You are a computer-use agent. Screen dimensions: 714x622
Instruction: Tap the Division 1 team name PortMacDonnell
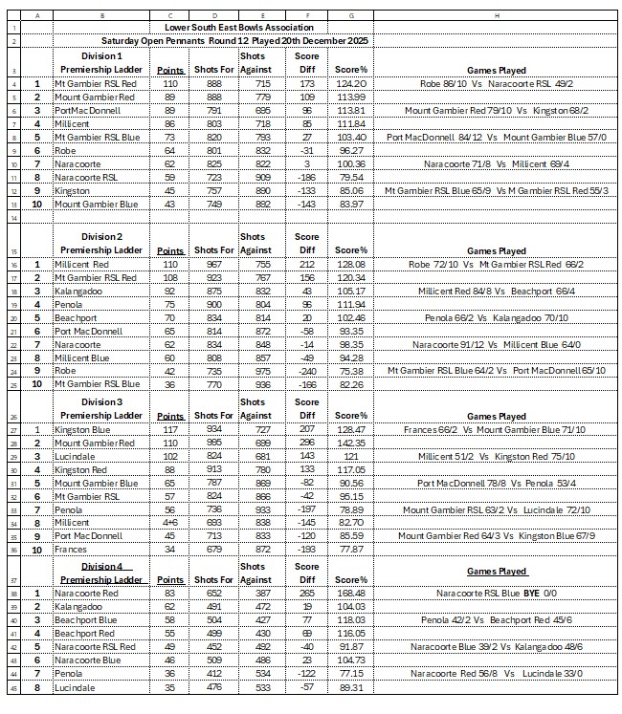[84, 111]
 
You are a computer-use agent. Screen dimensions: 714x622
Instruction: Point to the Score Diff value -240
[305, 371]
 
